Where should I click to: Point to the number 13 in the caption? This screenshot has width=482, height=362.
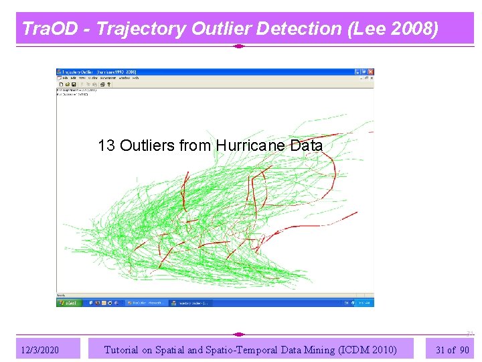point(106,145)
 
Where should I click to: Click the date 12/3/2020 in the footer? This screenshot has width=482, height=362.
point(39,350)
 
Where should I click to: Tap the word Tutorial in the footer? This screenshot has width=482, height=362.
point(121,349)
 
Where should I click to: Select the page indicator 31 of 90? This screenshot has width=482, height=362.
point(452,349)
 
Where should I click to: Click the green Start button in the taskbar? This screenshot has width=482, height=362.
point(68,303)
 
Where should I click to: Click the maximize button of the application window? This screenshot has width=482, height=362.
point(366,72)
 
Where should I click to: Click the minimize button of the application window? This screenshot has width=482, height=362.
point(360,72)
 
